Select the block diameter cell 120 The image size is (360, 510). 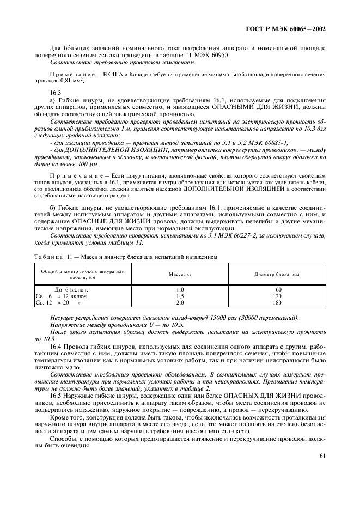pyautogui.click(x=277, y=295)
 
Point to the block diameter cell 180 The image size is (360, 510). pyautogui.click(x=277, y=302)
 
